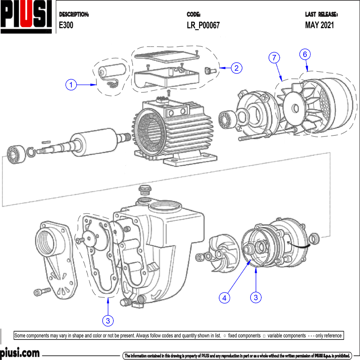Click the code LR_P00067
coord(203,25)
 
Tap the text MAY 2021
coord(319,25)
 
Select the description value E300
coord(66,25)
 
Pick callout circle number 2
coord(237,68)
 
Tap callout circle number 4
coord(224,297)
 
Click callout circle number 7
coord(275,57)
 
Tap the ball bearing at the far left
coord(14,154)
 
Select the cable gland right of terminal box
coord(210,70)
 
